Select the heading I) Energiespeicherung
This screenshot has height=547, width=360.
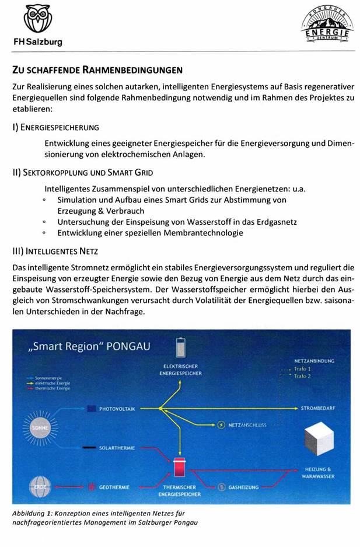pyautogui.click(x=55, y=127)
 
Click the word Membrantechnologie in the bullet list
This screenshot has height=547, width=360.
pyautogui.click(x=198, y=233)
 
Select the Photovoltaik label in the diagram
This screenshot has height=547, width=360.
pyautogui.click(x=117, y=409)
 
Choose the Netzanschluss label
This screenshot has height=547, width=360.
pyautogui.click(x=247, y=425)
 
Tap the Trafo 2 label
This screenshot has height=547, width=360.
pyautogui.click(x=302, y=377)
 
